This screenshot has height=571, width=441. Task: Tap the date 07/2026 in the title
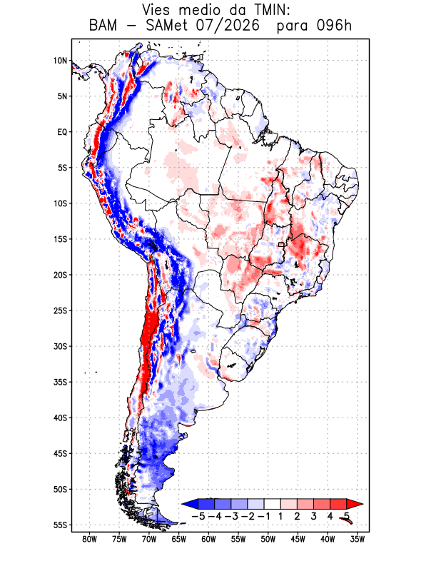(x=228, y=26)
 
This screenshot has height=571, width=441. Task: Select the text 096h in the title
(x=334, y=26)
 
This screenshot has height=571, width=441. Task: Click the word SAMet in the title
(x=167, y=26)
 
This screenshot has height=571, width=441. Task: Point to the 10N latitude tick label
(x=60, y=61)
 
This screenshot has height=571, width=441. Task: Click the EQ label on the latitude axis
(x=62, y=132)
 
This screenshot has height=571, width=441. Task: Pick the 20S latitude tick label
(x=60, y=275)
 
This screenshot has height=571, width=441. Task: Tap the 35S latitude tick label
(x=60, y=382)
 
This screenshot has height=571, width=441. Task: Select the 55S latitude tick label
(x=60, y=525)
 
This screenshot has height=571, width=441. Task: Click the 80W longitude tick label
(x=90, y=540)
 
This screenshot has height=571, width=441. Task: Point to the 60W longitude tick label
(x=208, y=540)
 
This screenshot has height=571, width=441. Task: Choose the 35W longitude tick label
(x=358, y=540)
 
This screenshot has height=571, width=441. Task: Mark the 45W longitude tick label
(x=298, y=540)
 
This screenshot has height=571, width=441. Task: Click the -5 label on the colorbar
(x=198, y=516)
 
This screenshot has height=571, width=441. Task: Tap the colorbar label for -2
(x=248, y=516)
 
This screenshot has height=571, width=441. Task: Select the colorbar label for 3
(x=313, y=516)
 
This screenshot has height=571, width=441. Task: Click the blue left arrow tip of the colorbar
(x=182, y=504)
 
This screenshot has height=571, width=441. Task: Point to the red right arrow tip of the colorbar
(x=363, y=504)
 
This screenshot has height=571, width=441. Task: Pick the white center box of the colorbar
(x=273, y=504)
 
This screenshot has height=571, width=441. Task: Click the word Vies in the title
(x=156, y=10)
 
